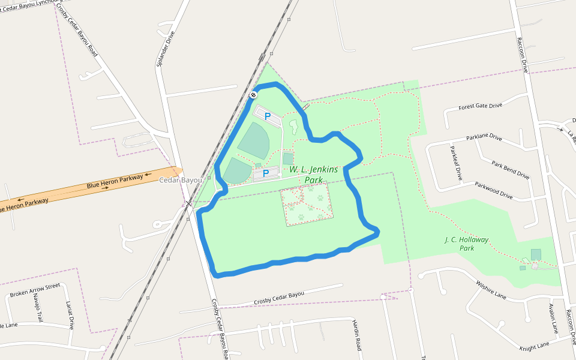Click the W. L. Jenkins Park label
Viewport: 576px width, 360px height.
click(x=313, y=175)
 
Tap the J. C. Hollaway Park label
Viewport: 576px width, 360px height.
click(x=467, y=244)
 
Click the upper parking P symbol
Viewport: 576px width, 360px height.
click(x=268, y=116)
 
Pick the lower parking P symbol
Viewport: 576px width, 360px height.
click(x=266, y=175)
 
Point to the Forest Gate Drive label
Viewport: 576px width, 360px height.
click(x=480, y=106)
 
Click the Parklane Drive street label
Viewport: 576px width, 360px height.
click(x=484, y=137)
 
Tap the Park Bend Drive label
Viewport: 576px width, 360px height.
click(x=510, y=170)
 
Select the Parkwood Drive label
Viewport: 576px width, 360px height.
click(x=494, y=190)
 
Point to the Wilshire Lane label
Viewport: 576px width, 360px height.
click(x=491, y=289)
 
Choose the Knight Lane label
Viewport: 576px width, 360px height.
click(x=534, y=346)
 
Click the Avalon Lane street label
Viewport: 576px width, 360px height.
click(x=553, y=319)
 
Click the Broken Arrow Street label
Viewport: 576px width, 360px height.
click(x=35, y=290)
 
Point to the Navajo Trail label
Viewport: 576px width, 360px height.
click(x=37, y=308)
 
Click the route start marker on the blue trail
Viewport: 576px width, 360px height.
click(x=254, y=95)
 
